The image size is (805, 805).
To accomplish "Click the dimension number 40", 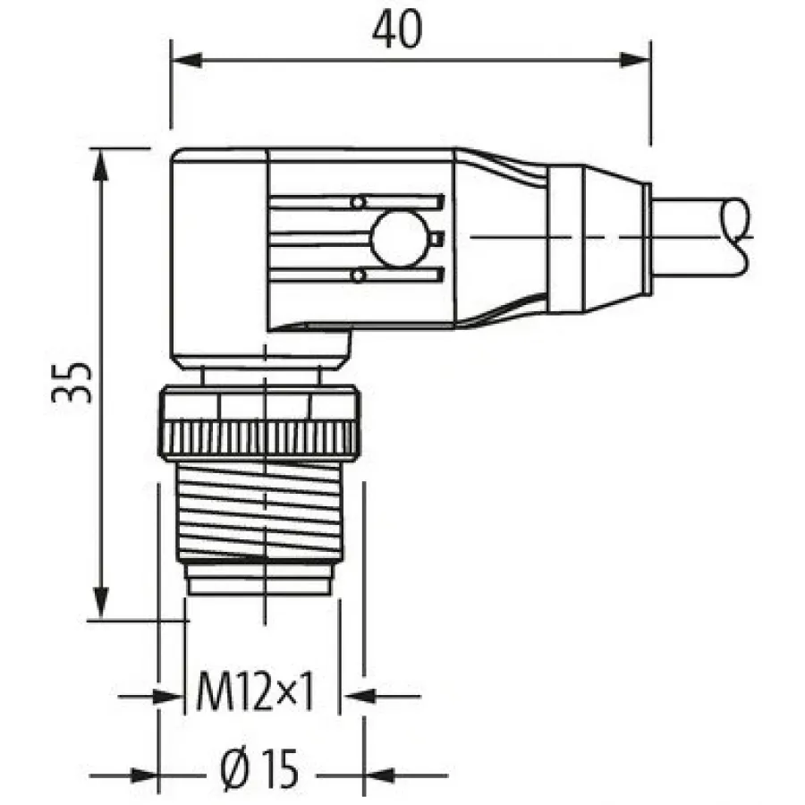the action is tap(397, 30).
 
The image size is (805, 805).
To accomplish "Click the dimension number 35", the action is tap(72, 383).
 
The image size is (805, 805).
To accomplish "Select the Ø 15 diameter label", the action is tap(259, 768).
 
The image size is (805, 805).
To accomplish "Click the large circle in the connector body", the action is tap(400, 239).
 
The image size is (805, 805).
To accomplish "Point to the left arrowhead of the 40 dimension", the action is tap(186, 60).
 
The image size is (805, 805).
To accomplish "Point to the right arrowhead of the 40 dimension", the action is tap(636, 60).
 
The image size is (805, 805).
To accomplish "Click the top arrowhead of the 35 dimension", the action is tap(100, 165).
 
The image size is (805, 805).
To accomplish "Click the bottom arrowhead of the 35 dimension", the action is tap(100, 603).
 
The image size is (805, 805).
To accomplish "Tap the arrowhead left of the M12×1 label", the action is tap(168, 697).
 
